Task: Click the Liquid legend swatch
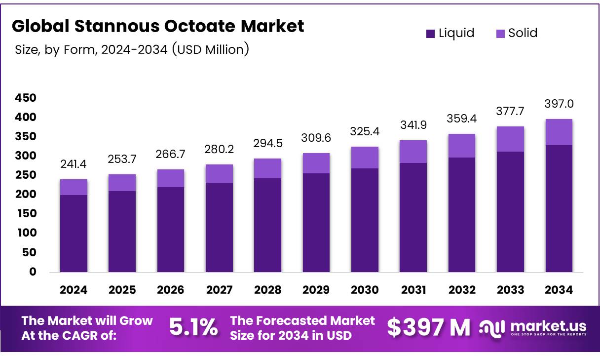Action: pyautogui.click(x=431, y=34)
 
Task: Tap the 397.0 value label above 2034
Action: pyautogui.click(x=559, y=104)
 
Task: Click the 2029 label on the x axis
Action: pyautogui.click(x=316, y=290)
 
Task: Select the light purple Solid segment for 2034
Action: pyautogui.click(x=559, y=132)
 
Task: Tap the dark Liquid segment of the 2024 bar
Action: pyautogui.click(x=74, y=233)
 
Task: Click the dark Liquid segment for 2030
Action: pyautogui.click(x=365, y=220)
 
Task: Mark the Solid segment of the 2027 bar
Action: pyautogui.click(x=219, y=173)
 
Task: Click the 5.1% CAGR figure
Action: pyautogui.click(x=193, y=327)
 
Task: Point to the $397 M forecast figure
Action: pyautogui.click(x=428, y=327)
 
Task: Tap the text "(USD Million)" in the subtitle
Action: pyautogui.click(x=210, y=49)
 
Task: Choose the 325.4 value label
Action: pyautogui.click(x=365, y=132)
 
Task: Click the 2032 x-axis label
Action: pyautogui.click(x=462, y=290)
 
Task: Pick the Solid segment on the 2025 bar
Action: pyautogui.click(x=122, y=183)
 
